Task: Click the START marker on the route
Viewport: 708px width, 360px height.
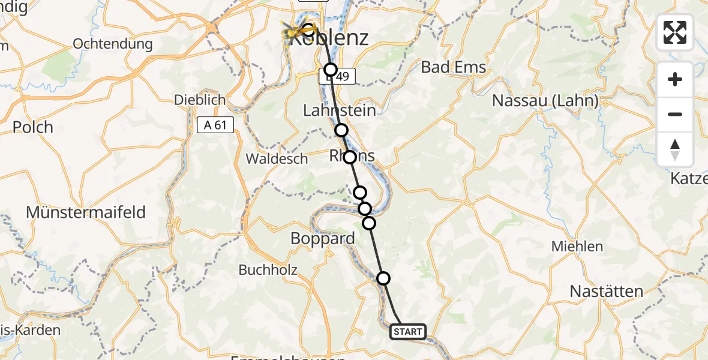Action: point(408,331)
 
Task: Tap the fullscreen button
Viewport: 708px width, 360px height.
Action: point(675,32)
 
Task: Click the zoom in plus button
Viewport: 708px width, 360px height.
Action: point(675,79)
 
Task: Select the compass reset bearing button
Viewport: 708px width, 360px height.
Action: point(675,149)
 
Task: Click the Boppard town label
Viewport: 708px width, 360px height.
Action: point(322,238)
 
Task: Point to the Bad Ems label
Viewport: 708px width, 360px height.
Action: point(454,67)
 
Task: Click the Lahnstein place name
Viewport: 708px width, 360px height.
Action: point(340,110)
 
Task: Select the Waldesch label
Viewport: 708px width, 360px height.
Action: point(277,159)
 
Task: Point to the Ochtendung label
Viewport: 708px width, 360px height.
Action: point(113,44)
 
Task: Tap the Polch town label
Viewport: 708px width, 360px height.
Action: point(33,127)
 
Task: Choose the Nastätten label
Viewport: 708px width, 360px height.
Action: point(606,292)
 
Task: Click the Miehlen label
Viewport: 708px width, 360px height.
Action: point(578,246)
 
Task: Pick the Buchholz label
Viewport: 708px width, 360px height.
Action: point(268,270)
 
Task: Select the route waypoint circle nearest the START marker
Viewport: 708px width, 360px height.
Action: point(383,278)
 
